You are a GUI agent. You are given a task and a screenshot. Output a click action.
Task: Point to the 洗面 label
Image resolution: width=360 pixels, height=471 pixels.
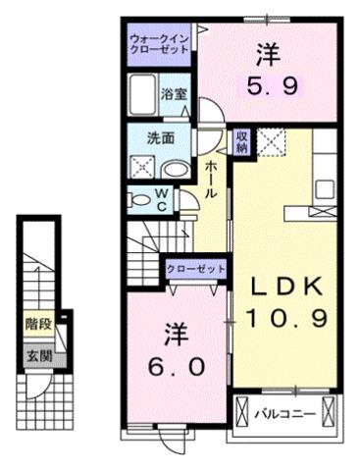click(162, 137)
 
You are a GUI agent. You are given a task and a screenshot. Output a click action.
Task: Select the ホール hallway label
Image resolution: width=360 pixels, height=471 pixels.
click(211, 179)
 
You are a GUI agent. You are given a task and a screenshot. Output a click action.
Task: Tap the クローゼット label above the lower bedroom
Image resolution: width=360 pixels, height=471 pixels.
click(196, 269)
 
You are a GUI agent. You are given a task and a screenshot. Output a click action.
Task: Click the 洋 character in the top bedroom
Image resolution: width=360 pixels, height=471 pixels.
click(267, 51)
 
